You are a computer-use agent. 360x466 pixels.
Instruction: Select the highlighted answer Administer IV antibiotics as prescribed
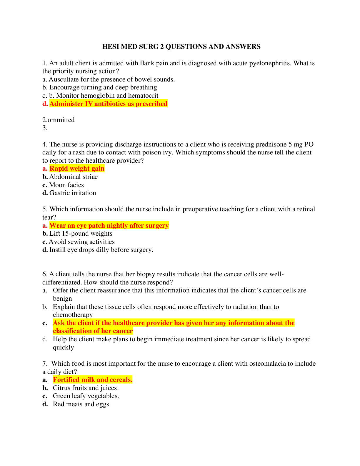(108, 104)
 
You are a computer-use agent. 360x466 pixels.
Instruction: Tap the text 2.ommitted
(59, 120)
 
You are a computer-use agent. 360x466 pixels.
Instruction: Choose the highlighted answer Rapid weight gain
(77, 169)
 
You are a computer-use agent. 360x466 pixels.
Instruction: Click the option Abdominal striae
(73, 177)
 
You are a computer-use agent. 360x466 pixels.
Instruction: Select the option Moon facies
(66, 185)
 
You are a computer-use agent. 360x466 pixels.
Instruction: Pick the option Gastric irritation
(73, 193)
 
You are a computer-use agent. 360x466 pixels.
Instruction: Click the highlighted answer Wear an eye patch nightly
(109, 226)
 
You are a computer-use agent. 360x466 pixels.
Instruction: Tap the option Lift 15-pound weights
(81, 234)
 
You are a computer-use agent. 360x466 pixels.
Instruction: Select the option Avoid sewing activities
(82, 242)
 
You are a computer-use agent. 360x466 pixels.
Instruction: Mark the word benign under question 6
(62, 299)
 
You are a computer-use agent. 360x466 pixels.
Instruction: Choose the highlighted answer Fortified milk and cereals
(93, 380)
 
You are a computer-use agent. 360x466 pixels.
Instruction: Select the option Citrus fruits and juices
(86, 388)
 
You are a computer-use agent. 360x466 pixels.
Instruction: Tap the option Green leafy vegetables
(86, 396)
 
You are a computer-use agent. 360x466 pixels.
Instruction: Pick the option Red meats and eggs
(82, 404)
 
